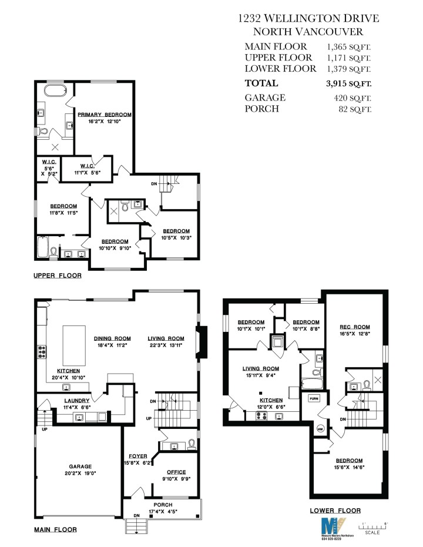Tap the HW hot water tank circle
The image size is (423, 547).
point(320,427)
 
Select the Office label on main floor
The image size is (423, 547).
point(176,472)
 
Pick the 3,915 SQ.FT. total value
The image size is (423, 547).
point(348,83)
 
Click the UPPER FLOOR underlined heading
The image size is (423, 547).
point(57,275)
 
